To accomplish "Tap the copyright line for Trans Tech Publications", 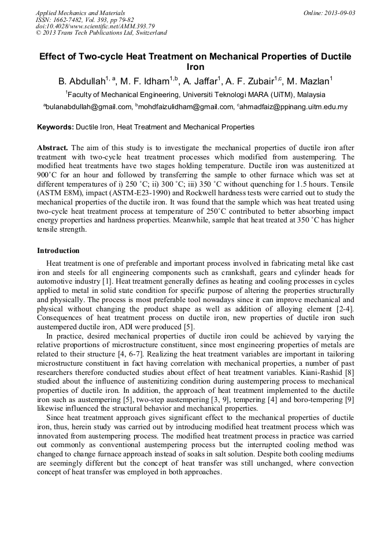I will [x=101, y=33].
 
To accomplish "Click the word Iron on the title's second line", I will [x=195, y=67].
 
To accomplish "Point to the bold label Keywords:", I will [x=56, y=127].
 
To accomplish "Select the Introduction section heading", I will [x=58, y=251].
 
